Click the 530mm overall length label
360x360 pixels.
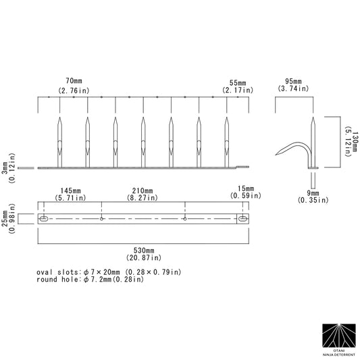(x=143, y=253)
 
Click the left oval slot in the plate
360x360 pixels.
(x=44, y=220)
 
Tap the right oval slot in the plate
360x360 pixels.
(x=241, y=220)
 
